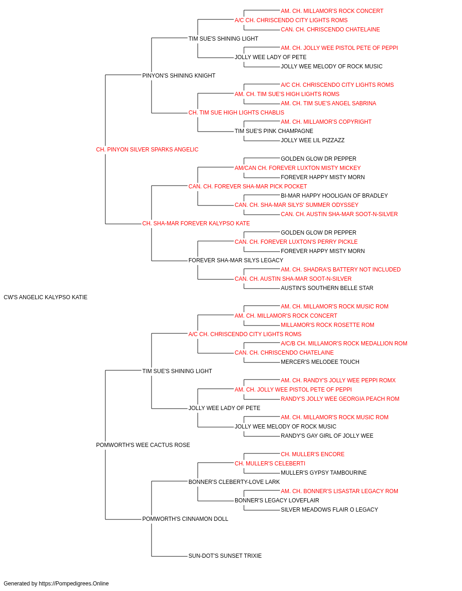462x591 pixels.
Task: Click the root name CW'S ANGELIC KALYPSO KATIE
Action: (x=45, y=297)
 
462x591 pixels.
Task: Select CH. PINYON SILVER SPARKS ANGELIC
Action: (x=147, y=150)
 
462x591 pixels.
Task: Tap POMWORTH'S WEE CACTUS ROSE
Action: (x=143, y=445)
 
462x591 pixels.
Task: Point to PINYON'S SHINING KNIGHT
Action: (x=179, y=76)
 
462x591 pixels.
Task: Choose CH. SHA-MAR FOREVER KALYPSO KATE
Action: (x=196, y=223)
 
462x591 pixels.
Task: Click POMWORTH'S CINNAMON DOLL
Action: (x=185, y=519)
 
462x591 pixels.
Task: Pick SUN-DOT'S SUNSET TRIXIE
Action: (x=225, y=556)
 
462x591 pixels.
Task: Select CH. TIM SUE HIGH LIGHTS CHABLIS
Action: (x=236, y=113)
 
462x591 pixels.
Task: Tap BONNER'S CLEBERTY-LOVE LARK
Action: (x=234, y=482)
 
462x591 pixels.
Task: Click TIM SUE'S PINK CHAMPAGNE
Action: (x=274, y=131)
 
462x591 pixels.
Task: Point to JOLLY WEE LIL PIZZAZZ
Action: (x=313, y=140)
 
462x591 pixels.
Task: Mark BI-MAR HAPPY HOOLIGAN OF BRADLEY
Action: (x=334, y=196)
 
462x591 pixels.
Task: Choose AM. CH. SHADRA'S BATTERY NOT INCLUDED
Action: (x=340, y=270)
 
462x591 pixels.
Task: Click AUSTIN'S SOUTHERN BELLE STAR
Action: (x=327, y=288)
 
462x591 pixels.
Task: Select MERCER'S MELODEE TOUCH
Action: (x=320, y=362)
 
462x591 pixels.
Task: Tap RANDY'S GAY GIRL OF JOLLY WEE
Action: (x=327, y=436)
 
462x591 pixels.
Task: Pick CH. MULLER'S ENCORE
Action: (x=313, y=454)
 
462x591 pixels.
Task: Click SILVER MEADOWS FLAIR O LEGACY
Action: (x=329, y=510)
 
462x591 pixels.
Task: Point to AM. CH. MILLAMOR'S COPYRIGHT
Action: (x=326, y=122)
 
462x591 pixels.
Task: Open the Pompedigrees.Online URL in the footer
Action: (x=74, y=584)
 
